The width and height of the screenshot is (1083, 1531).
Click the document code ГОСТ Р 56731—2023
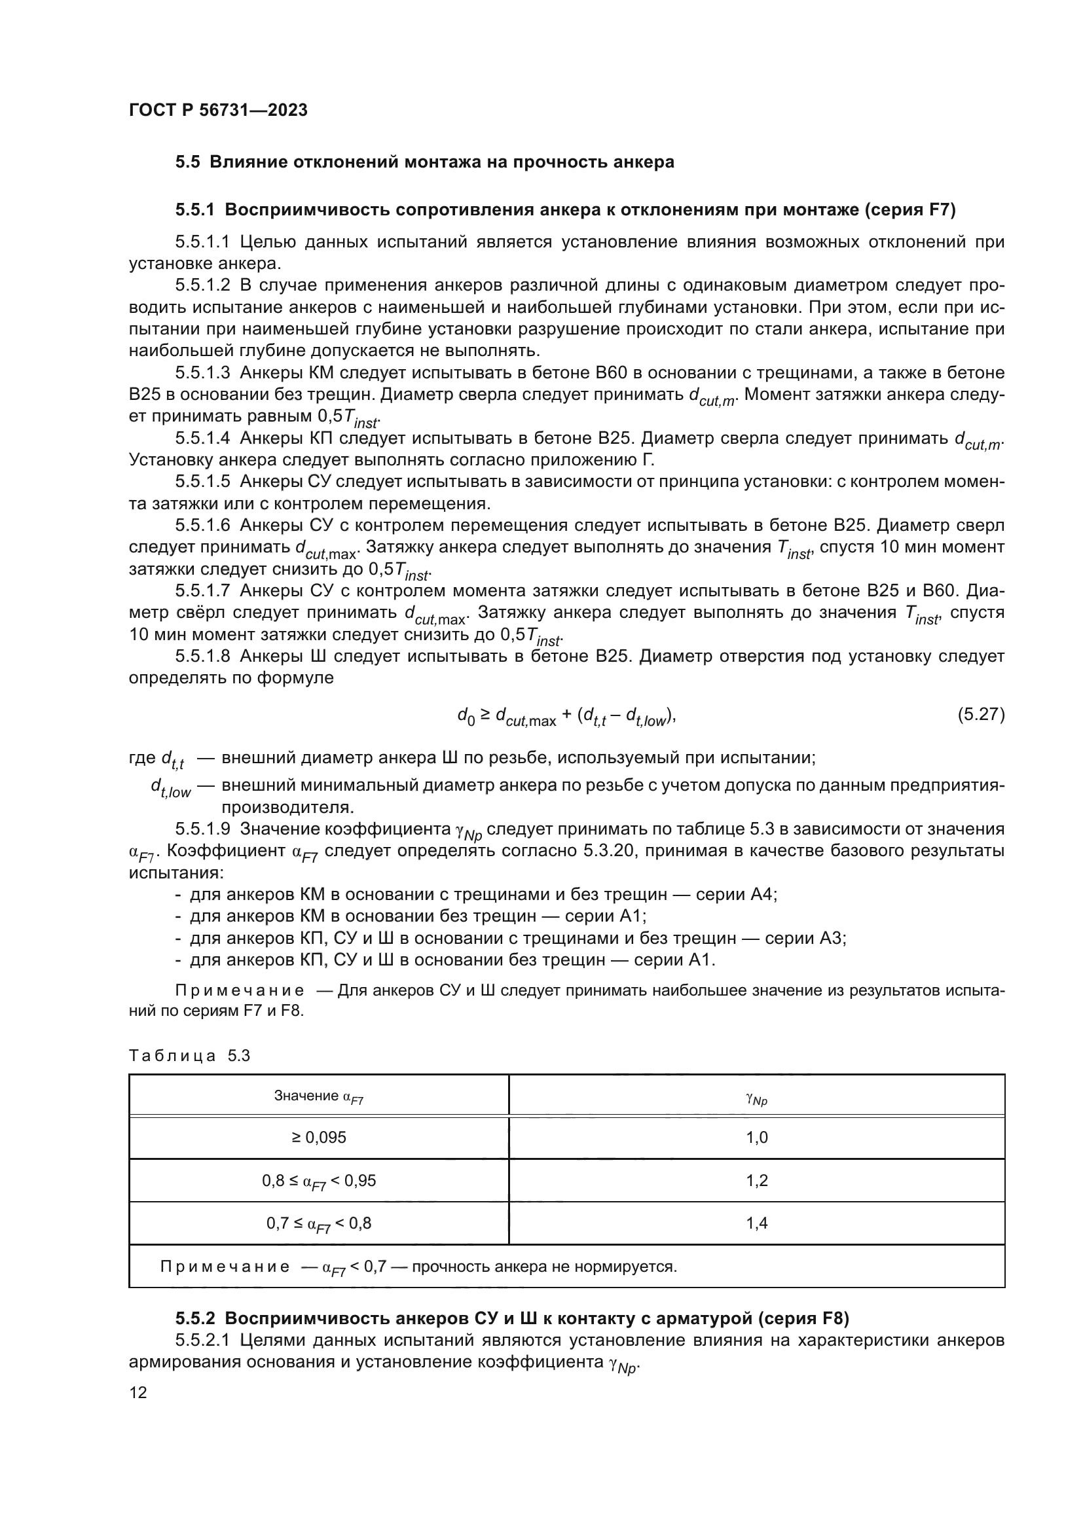218,110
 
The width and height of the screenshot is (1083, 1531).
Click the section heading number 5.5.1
194,210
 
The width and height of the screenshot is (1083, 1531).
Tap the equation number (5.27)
981,715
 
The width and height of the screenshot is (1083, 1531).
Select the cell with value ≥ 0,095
319,1138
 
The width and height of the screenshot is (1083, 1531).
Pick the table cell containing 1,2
756,1181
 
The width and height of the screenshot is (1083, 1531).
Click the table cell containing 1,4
756,1223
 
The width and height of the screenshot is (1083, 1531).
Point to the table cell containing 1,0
756,1138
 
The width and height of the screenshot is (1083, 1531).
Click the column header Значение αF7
319,1096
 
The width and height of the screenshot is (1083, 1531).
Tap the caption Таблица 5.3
189,1056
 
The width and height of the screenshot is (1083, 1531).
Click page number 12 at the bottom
138,1393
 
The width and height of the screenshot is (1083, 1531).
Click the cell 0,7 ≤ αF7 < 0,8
319,1223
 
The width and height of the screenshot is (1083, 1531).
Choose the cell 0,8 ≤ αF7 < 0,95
319,1181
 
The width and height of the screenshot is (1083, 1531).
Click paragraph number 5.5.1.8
203,656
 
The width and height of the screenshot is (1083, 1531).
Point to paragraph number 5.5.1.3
203,372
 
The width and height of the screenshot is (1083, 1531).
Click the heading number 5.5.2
194,1318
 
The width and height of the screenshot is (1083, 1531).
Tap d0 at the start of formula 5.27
466,715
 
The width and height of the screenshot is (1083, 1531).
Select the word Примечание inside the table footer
225,1267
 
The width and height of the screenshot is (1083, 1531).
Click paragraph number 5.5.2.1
203,1341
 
